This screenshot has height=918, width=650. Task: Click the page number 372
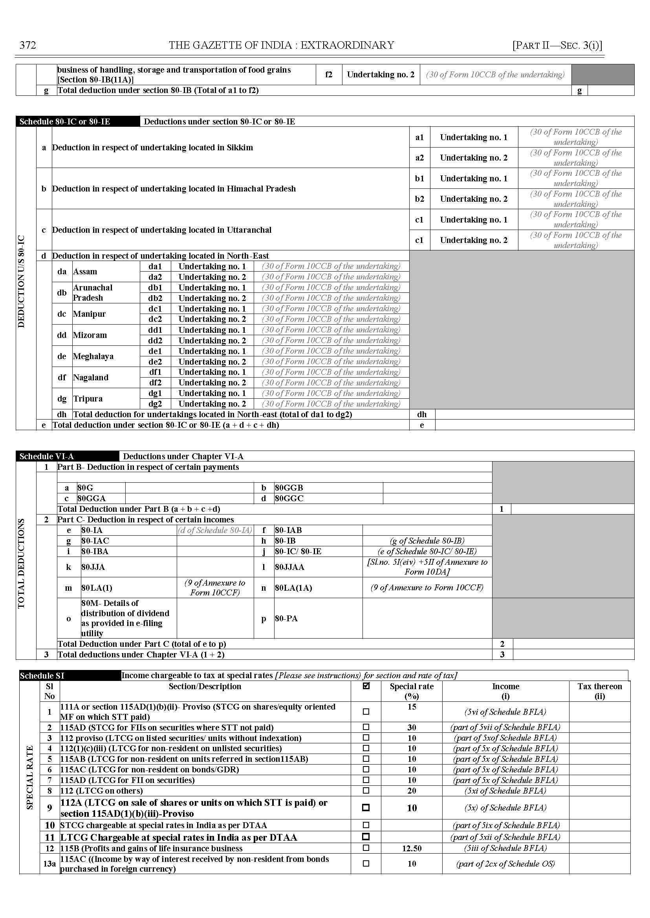pos(27,45)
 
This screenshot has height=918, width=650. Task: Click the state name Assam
pos(85,272)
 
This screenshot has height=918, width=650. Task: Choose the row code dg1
pos(155,393)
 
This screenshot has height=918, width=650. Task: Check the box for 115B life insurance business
pos(365,848)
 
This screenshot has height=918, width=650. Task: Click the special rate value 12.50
pos(412,849)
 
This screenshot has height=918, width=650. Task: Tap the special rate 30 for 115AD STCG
pos(412,728)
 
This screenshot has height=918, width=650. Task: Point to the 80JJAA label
pos(289,567)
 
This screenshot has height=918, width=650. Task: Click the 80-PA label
pos(286,619)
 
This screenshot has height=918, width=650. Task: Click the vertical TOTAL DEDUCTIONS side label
pos(21,563)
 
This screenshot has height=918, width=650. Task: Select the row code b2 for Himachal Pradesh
pos(419,199)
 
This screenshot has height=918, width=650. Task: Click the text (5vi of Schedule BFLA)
pos(505,712)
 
